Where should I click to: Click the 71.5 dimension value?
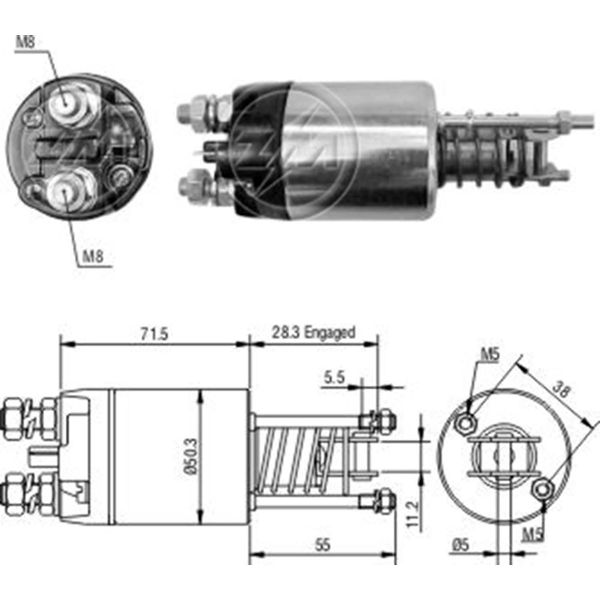[x=154, y=334]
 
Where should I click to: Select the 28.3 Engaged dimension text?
[x=313, y=332]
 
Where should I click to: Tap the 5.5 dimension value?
[x=334, y=377]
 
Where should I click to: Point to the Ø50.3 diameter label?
[x=192, y=456]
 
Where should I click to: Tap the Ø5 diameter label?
[x=460, y=544]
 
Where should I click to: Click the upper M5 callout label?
[x=490, y=354]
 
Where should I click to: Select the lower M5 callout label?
[x=534, y=534]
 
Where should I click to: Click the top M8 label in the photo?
[x=26, y=42]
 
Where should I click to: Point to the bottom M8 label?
[x=93, y=256]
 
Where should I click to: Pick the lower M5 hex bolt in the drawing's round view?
[x=542, y=489]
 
